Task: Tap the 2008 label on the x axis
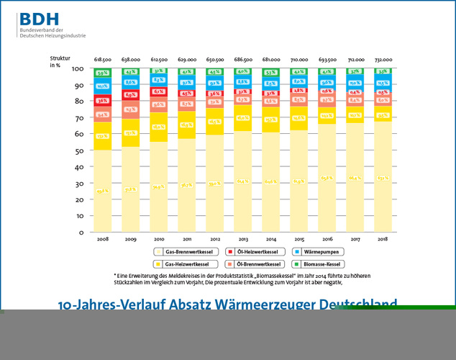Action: (x=103, y=238)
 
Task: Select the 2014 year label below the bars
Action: (x=271, y=238)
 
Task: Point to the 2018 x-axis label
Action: (x=383, y=238)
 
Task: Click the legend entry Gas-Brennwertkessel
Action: (x=187, y=252)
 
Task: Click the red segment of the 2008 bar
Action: (x=103, y=101)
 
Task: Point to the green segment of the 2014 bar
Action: (x=271, y=72)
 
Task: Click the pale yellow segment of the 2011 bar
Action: (x=187, y=185)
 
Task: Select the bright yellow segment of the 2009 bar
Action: (x=131, y=132)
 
